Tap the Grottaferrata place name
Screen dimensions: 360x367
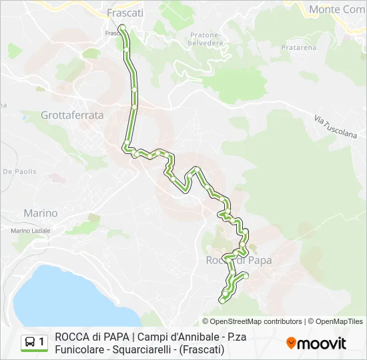click(x=72, y=115)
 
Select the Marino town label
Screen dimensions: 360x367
click(x=40, y=213)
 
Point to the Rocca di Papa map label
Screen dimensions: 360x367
click(x=238, y=260)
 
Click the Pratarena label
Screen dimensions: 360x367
click(x=298, y=47)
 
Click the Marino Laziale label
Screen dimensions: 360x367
click(x=31, y=230)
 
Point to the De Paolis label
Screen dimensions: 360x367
click(x=19, y=171)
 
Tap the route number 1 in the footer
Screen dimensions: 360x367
click(x=42, y=343)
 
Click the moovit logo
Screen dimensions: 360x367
click(x=316, y=343)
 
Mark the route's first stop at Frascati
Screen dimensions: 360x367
click(x=122, y=27)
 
